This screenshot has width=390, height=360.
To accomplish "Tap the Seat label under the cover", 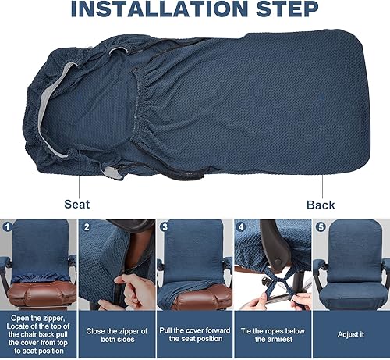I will point(76,205).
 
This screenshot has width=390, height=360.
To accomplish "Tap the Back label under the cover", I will point(321,205).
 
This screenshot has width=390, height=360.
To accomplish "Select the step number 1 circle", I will point(8,228).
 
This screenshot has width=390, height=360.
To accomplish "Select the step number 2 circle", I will point(87,228).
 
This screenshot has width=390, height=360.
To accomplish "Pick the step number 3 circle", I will point(165,228).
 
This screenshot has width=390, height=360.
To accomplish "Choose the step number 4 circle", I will point(242,228).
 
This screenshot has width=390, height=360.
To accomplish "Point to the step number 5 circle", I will point(320,228).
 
